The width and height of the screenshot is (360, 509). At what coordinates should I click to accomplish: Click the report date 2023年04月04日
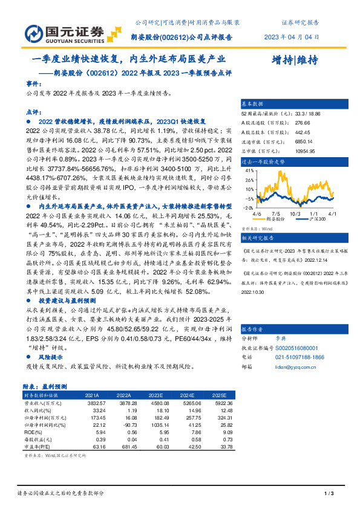[x=292, y=37]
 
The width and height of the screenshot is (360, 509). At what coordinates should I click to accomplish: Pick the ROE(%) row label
[x=34, y=433]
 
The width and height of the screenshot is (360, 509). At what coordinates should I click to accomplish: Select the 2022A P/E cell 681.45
[x=122, y=448]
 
